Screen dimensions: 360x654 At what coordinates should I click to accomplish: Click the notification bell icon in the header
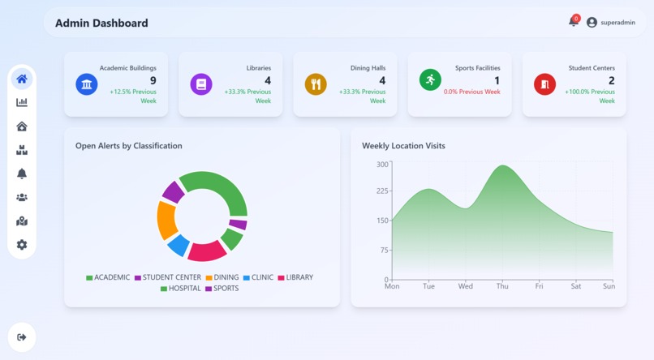coord(574,22)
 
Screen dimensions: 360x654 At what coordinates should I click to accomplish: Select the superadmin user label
coord(617,23)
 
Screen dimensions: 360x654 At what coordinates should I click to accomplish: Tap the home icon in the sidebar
coord(22,79)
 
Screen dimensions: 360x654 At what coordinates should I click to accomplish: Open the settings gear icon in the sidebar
coord(22,245)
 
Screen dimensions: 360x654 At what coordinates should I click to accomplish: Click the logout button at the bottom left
coord(22,337)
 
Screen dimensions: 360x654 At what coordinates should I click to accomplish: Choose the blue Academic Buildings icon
coord(87,84)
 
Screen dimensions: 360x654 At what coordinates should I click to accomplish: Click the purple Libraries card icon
coord(201,84)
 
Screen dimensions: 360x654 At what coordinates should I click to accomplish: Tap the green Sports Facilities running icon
coord(430,79)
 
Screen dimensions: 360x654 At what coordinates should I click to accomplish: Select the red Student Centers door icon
coord(544,84)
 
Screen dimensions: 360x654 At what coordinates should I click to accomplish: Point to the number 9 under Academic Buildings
coord(153,81)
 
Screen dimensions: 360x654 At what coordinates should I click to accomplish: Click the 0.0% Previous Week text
coord(471,92)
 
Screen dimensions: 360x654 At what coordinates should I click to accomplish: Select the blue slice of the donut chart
coord(179,244)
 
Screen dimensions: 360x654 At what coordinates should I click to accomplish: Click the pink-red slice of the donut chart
coord(207,251)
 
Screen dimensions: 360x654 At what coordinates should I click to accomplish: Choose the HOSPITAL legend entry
coord(180,289)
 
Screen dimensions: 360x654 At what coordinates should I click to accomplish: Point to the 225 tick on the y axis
coord(382,191)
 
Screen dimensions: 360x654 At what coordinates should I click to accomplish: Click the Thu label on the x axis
coord(502,286)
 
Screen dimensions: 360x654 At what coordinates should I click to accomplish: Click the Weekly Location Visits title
coord(403,146)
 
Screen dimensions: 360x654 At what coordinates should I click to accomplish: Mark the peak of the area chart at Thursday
coord(503,166)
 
